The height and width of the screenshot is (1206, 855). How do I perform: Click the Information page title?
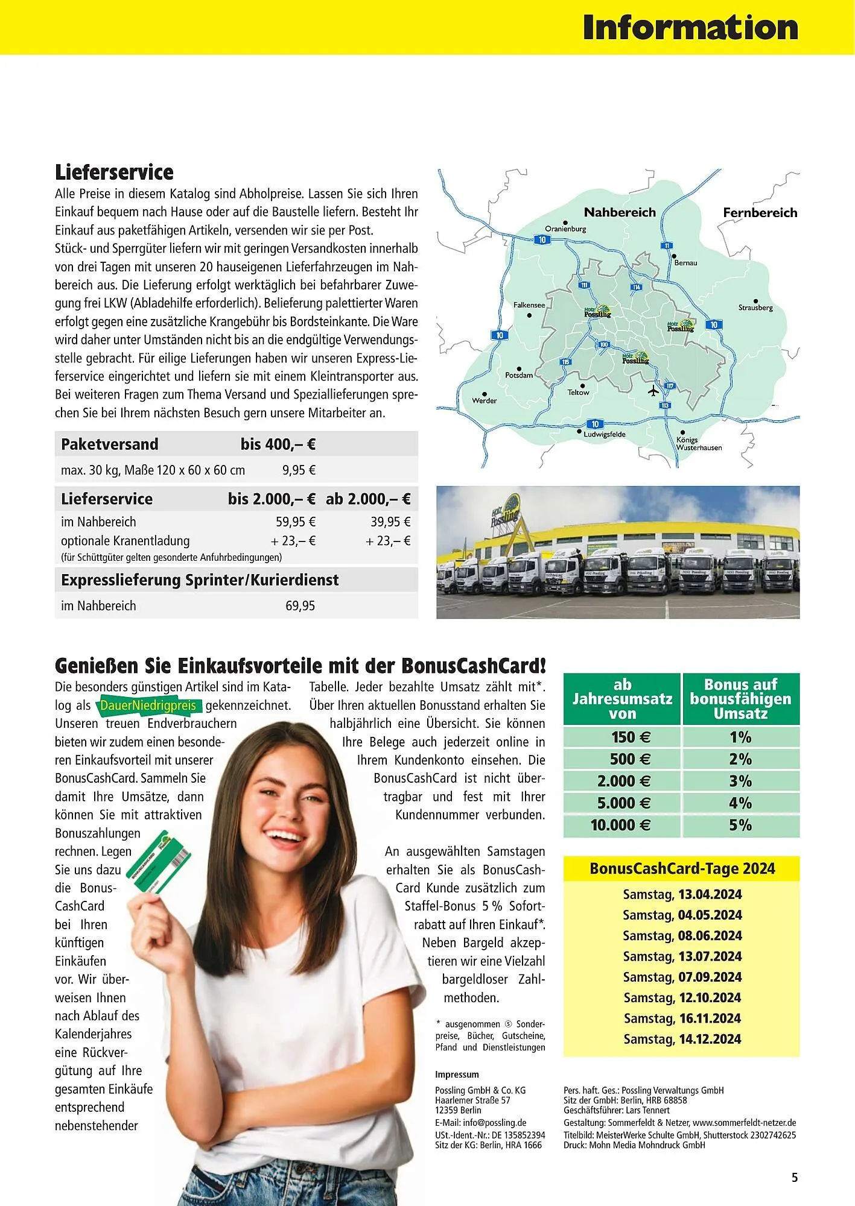point(690,28)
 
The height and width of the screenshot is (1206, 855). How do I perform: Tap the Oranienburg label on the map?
point(565,229)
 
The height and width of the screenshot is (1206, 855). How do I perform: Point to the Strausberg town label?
point(755,308)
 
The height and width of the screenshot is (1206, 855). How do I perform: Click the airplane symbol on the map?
point(653,391)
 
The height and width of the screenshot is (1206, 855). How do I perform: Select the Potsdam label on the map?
point(519,375)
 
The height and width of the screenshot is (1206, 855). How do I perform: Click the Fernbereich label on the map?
point(760,212)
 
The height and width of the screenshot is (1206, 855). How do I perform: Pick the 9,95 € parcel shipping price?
point(299,470)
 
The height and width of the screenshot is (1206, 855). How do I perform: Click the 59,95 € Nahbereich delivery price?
point(296,522)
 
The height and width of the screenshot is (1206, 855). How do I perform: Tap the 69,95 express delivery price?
point(300,605)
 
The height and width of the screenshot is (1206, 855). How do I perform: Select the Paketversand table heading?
point(109,444)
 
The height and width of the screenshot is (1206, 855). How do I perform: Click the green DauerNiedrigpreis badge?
point(148,705)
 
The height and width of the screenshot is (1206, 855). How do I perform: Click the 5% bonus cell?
point(740,825)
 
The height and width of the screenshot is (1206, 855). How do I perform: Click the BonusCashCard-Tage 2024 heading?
point(682,868)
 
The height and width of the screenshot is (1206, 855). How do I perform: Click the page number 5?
point(794,1177)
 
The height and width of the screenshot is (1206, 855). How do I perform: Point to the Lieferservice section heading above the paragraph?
point(114,172)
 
